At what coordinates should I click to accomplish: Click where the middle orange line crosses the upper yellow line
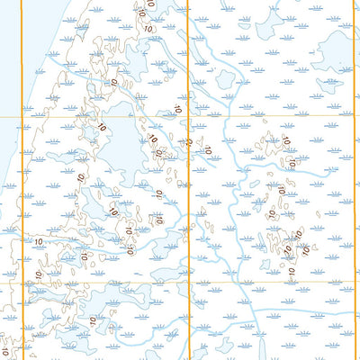tap(188, 117)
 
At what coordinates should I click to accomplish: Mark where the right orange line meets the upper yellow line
tap(352, 117)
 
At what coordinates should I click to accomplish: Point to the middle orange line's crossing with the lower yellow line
tap(188, 283)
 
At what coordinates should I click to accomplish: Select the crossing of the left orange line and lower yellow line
tap(21, 283)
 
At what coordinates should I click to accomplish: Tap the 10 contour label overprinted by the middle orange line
tap(188, 141)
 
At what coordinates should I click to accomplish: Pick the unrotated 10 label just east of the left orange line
tap(39, 241)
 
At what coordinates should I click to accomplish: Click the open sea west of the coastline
tap(7, 90)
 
